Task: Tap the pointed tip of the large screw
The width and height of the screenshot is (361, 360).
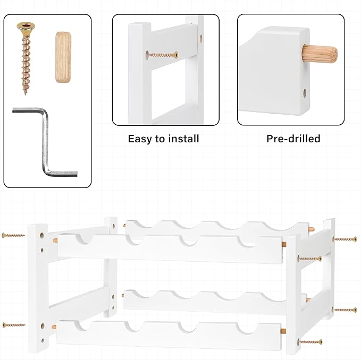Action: pyautogui.click(x=26, y=95)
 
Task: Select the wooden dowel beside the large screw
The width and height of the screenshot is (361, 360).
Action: pyautogui.click(x=63, y=57)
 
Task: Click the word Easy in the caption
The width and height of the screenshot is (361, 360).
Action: pyautogui.click(x=139, y=139)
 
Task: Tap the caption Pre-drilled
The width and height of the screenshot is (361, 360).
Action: pyautogui.click(x=293, y=139)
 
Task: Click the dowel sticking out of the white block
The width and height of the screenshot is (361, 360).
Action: pyautogui.click(x=320, y=54)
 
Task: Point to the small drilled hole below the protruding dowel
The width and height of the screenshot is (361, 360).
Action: pyautogui.click(x=305, y=93)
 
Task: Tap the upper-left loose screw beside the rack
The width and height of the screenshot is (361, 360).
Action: pyautogui.click(x=13, y=235)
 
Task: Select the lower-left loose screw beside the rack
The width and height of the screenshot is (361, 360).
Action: pyautogui.click(x=14, y=325)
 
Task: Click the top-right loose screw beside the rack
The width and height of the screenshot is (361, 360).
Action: pyautogui.click(x=345, y=239)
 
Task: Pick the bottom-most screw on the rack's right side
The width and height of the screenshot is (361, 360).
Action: pyautogui.click(x=310, y=342)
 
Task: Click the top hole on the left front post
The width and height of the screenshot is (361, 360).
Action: pyautogui.click(x=42, y=235)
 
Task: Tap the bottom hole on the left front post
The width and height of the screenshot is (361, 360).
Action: pyautogui.click(x=43, y=340)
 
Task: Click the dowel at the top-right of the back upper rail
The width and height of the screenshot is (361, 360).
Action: pyautogui.click(x=312, y=229)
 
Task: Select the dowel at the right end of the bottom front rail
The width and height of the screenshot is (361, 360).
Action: pyautogui.click(x=283, y=331)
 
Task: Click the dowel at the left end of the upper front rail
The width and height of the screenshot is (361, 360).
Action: pyautogui.click(x=55, y=241)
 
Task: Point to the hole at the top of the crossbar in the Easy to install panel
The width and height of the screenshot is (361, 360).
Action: pyautogui.click(x=201, y=38)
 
